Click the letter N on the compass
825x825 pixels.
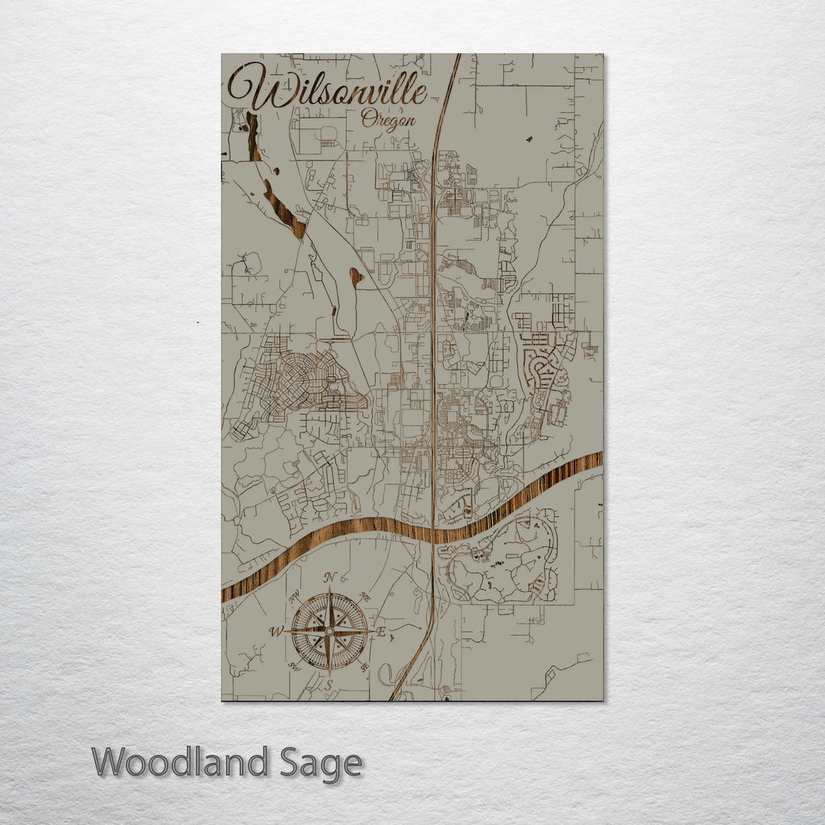pos(330,577)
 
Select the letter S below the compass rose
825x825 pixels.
pos(328,685)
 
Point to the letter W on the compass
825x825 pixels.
pos(275,631)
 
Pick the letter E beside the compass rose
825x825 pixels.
pos(381,632)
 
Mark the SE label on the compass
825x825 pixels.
pos(364,666)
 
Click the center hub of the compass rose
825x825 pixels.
pos(329,632)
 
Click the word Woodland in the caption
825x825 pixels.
pos(180,762)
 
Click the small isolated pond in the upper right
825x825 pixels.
pos(529,139)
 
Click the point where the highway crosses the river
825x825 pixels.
pos(434,532)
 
